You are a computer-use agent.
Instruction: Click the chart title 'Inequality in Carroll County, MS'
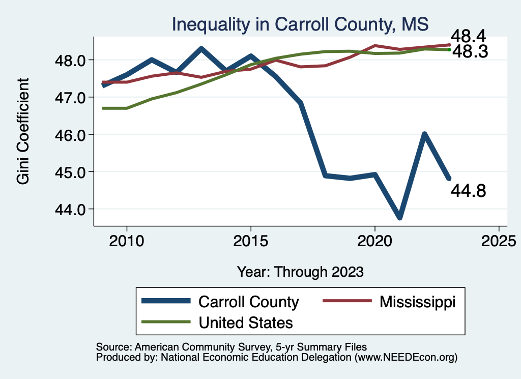300,24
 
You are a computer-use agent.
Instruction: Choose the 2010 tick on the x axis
126,239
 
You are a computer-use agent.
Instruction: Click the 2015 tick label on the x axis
250,239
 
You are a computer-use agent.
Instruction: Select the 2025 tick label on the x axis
499,239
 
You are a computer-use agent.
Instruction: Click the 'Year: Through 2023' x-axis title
300,272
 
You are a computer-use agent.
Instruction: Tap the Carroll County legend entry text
248,302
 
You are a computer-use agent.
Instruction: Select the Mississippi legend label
417,302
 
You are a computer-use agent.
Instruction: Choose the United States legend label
246,322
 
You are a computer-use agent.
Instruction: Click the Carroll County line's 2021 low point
399,217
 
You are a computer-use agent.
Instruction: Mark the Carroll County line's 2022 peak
424,134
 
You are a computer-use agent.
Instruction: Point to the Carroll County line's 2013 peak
201,49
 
